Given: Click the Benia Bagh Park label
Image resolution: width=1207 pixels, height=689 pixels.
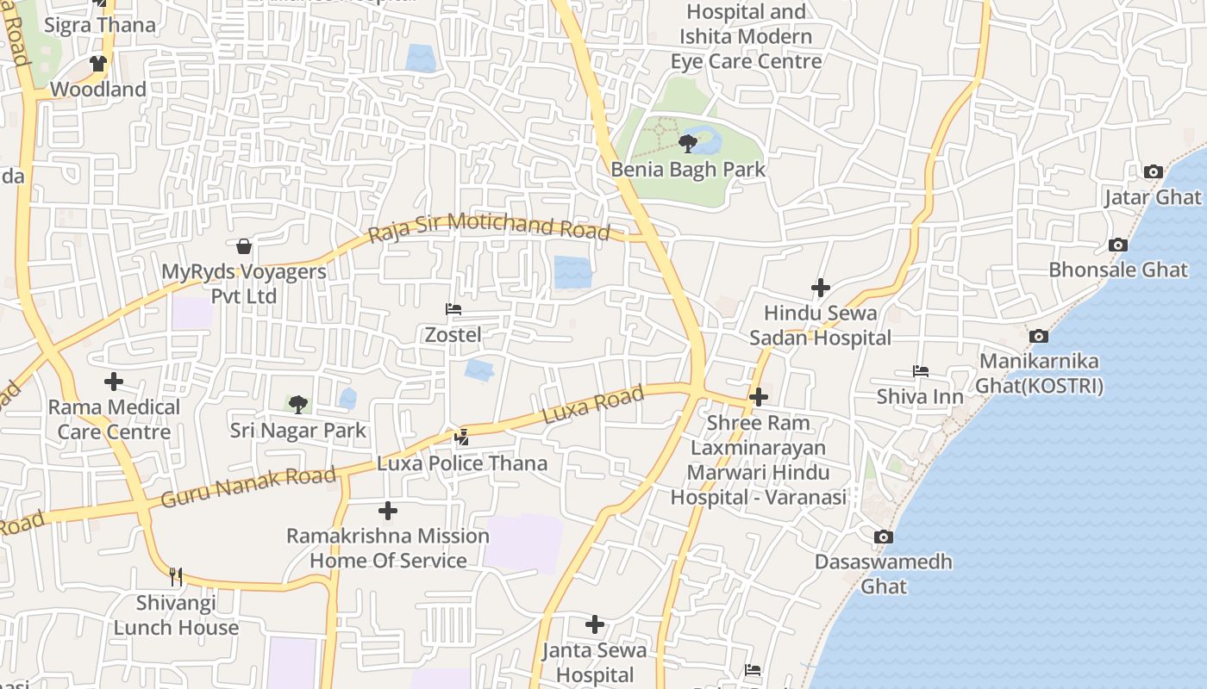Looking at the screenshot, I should pos(688,170).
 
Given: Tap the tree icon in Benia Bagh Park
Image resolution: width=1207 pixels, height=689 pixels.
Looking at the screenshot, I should pos(688,143).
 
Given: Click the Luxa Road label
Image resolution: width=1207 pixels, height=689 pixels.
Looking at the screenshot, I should pos(593,404).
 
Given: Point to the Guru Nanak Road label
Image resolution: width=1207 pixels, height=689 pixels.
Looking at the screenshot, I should pos(248,487).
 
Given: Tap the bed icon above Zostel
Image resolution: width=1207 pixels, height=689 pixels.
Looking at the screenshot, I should pos(453,309).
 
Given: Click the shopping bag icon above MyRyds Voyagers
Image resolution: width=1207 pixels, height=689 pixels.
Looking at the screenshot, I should pos(244,247).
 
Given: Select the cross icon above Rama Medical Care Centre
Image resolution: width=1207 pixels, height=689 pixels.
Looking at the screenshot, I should pos(113,382).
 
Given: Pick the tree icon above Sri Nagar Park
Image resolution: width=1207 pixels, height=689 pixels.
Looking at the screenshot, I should pos(298,404).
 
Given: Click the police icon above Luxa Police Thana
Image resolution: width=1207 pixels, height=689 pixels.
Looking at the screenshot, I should pos(462,438).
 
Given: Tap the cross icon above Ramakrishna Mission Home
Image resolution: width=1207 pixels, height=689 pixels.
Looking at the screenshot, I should pos(388,511).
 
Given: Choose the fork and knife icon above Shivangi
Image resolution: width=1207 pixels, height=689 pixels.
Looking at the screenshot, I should pos(176,576).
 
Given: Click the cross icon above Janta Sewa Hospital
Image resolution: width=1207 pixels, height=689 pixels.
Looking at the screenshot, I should pos(594,624).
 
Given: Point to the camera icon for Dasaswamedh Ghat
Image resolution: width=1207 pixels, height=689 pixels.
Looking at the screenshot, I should pos(883,537).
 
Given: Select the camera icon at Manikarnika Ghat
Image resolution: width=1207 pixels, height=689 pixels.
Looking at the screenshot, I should pos(1039,336).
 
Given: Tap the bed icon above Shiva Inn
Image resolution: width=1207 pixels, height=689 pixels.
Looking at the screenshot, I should pos(920,371).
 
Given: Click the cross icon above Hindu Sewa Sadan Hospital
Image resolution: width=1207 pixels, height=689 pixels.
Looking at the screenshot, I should pos(821,288).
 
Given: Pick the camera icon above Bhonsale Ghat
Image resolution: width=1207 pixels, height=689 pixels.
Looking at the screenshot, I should pos(1117,245).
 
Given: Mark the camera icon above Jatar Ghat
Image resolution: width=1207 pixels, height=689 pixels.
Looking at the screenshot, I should pos(1153,172).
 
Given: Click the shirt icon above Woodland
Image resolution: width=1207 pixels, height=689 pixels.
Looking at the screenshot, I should pos(98,64).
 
